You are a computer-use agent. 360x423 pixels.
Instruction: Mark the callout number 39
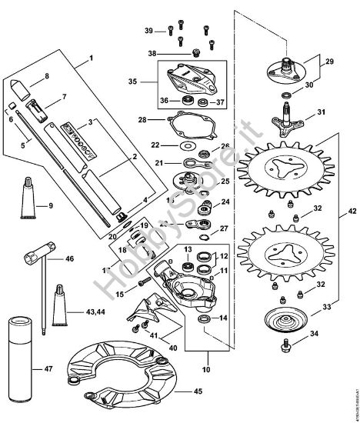click(149, 30)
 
